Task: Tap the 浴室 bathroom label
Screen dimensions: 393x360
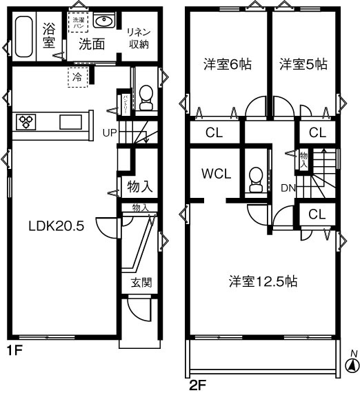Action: click(48, 36)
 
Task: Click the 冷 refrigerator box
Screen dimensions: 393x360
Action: click(77, 77)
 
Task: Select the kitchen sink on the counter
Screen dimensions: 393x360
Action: click(70, 122)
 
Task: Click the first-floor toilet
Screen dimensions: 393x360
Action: click(146, 97)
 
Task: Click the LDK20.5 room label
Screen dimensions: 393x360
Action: click(56, 226)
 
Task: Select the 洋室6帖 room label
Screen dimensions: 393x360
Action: click(227, 65)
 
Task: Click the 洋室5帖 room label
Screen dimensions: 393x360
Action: click(303, 65)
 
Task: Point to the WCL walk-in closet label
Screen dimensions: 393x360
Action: click(216, 173)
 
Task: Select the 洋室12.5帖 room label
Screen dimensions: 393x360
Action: click(263, 281)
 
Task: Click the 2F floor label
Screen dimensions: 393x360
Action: click(197, 383)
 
